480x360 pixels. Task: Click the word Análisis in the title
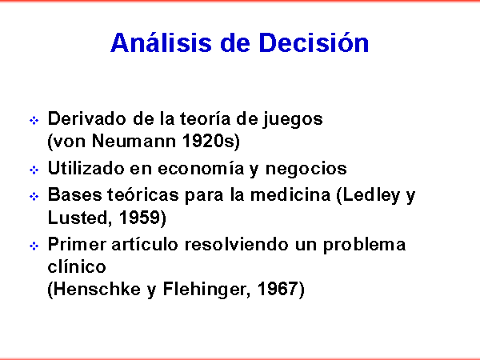[x=161, y=42]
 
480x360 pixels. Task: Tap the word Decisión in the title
[x=314, y=42]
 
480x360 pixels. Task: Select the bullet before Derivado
[x=34, y=120]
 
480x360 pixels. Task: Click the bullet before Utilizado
[x=34, y=170]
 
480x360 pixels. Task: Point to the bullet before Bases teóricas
[x=34, y=196]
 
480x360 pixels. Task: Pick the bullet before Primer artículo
[x=34, y=246]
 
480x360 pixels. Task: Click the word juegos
[x=293, y=119]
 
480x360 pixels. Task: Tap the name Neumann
[x=134, y=141]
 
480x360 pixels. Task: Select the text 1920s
[x=209, y=141]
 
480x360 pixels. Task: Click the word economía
[x=201, y=168]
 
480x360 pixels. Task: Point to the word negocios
[x=306, y=169]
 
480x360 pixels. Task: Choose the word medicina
[x=290, y=194]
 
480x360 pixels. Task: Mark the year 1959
[x=139, y=218]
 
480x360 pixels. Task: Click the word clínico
[x=77, y=266]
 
